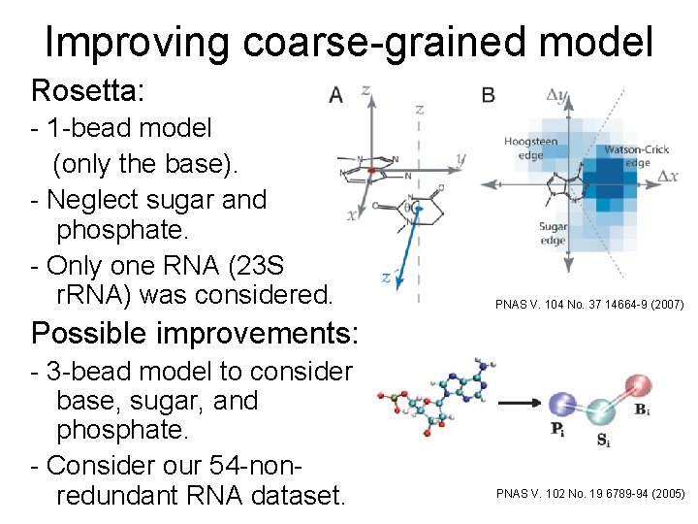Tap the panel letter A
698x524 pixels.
point(335,94)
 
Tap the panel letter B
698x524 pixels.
point(488,94)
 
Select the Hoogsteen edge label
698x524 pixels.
point(530,147)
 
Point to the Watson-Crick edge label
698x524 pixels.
point(637,155)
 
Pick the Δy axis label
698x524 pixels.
point(558,95)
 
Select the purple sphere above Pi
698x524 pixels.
point(562,407)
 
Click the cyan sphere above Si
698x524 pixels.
point(601,413)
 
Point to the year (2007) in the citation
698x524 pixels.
point(664,305)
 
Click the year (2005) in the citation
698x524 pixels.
point(664,495)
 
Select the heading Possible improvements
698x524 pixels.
point(195,333)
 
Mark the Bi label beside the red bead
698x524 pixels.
point(643,410)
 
